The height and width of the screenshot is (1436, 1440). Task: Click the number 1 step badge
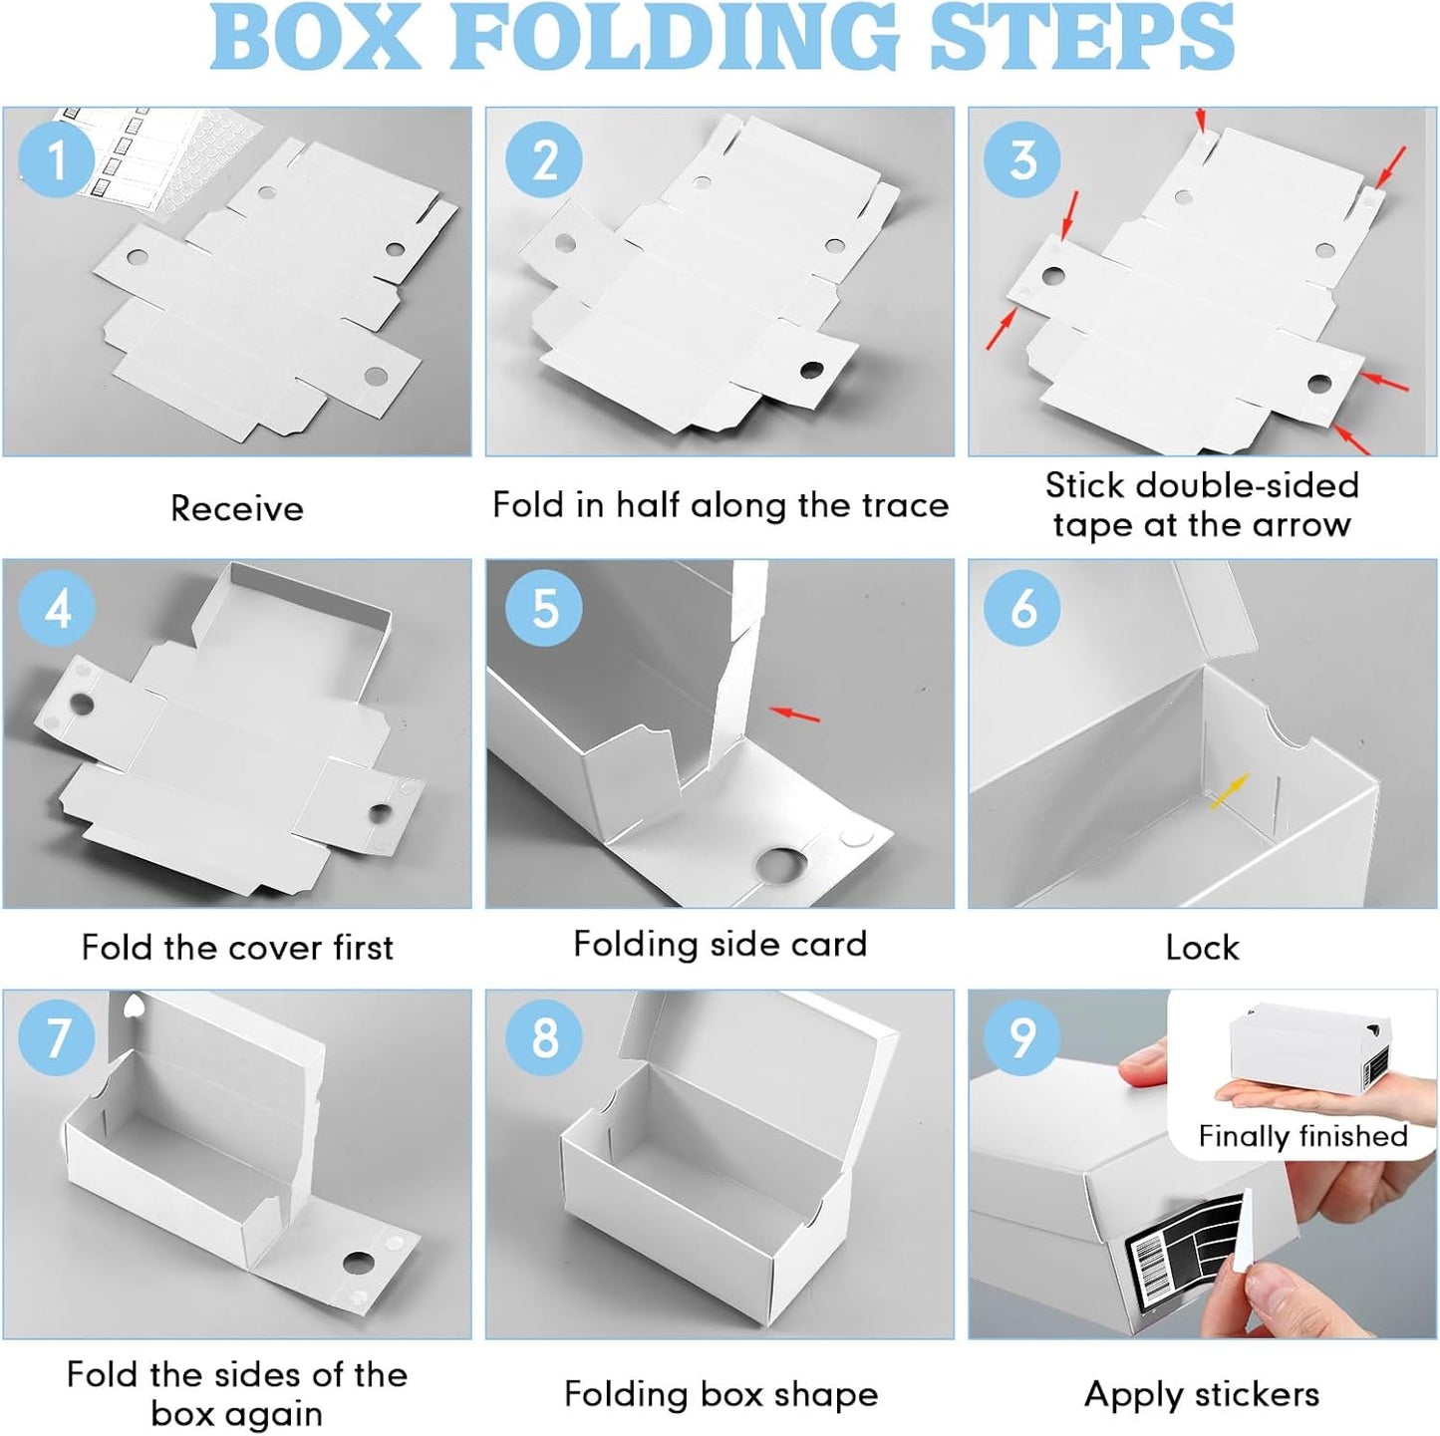tap(57, 160)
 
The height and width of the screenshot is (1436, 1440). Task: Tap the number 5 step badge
tap(543, 608)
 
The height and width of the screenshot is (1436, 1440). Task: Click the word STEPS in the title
tap(1081, 38)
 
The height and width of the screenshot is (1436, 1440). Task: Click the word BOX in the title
tap(315, 38)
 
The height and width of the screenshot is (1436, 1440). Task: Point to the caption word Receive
tap(237, 508)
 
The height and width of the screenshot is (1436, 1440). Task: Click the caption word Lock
tap(1203, 947)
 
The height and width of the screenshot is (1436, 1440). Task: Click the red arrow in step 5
tap(794, 714)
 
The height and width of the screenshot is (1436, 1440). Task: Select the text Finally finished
tap(1303, 1135)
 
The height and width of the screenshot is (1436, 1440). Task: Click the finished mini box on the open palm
tap(1309, 1043)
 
